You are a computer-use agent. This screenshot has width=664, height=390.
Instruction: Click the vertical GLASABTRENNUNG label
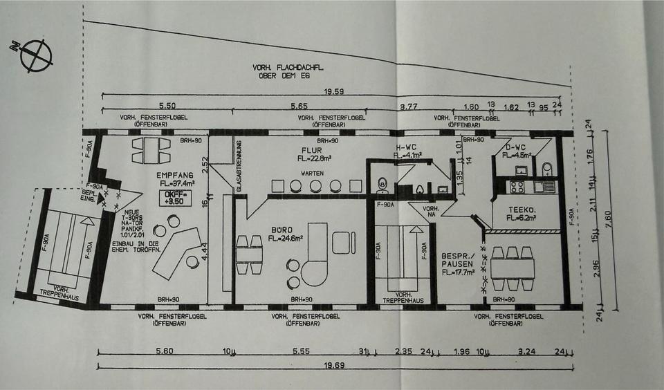(239, 165)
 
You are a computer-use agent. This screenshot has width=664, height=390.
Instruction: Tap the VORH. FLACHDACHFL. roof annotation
(289, 71)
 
